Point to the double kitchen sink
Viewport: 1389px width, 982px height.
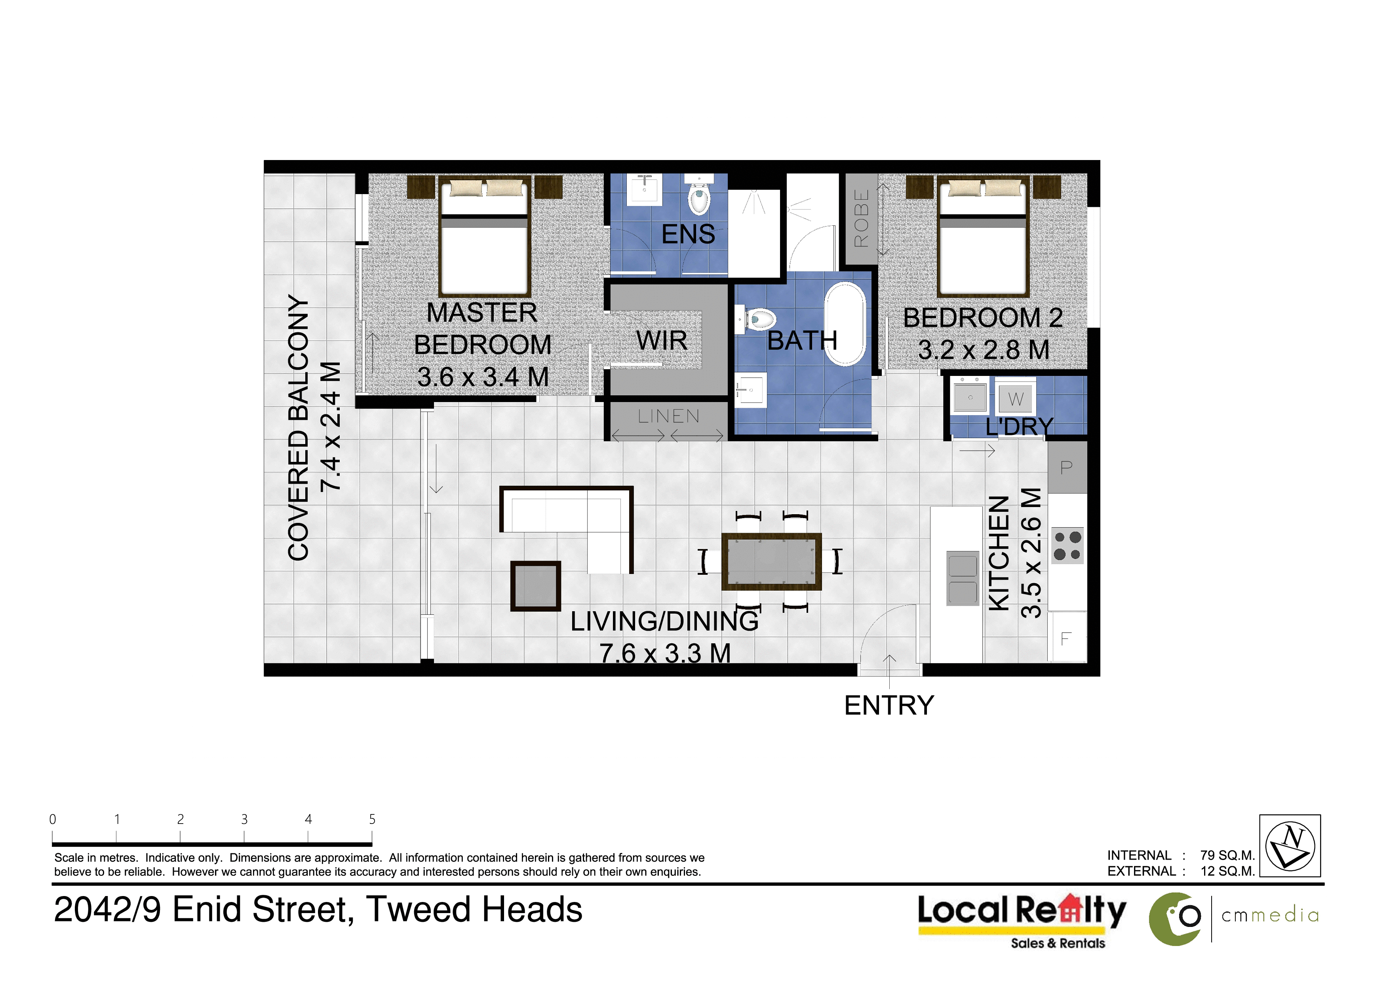[x=963, y=578]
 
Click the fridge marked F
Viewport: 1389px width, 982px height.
[x=1067, y=638]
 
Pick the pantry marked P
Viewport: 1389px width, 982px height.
[x=1067, y=467]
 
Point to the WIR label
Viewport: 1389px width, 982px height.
[x=662, y=341]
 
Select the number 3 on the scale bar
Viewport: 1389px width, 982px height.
[x=244, y=819]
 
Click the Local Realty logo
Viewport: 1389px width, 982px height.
[x=1022, y=920]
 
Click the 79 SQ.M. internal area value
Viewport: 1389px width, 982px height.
[x=1227, y=856]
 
